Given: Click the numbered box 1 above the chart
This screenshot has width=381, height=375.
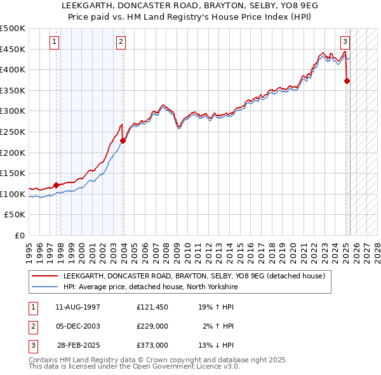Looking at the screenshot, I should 55,43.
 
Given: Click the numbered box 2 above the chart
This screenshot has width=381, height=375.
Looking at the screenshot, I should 121,43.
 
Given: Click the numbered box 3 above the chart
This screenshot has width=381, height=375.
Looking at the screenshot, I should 345,43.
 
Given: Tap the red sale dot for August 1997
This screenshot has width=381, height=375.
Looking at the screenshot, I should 56,185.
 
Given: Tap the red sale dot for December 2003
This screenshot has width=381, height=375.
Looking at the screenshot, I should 123,141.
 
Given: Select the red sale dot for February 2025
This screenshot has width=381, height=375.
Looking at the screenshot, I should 347,81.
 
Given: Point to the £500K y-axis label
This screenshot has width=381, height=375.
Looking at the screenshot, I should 13,29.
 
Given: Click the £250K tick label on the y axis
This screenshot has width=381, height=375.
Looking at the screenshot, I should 13,132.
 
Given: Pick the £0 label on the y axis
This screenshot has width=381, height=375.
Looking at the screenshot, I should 20,235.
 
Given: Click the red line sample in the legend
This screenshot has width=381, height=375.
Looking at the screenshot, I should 45,276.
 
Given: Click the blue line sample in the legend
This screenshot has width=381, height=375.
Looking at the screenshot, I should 45,287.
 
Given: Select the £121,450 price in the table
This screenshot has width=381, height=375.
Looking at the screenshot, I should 152,307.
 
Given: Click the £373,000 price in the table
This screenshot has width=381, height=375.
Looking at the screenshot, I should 152,345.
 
